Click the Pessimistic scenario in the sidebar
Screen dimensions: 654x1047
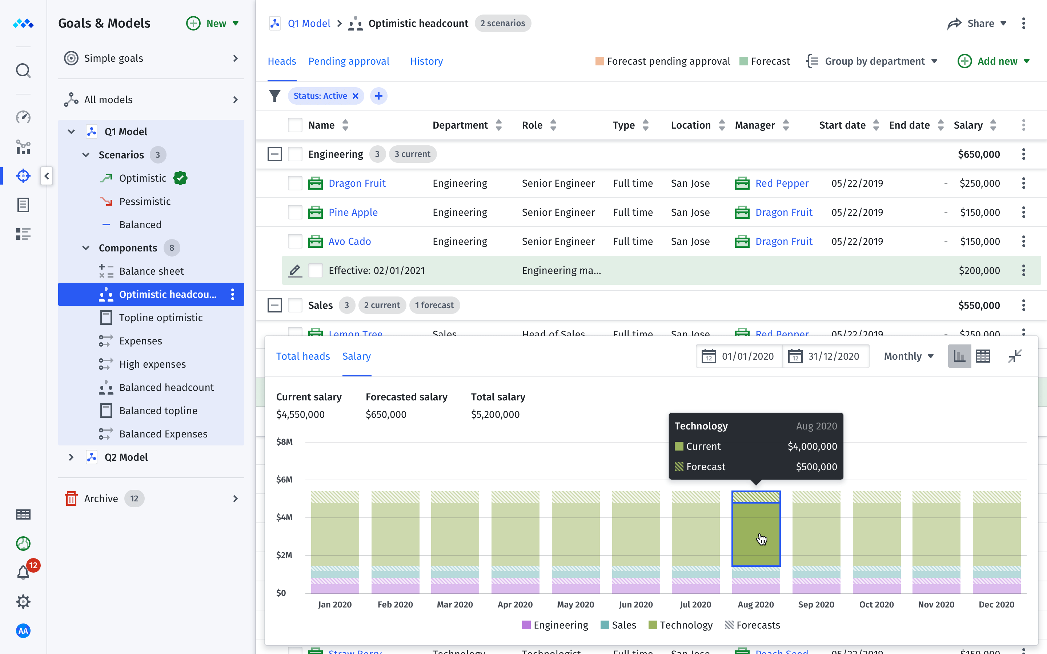[144, 201]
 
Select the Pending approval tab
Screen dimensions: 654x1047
[348, 61]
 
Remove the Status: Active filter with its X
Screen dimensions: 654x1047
[355, 96]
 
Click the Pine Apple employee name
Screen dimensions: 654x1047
[353, 213]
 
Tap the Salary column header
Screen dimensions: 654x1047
[968, 125]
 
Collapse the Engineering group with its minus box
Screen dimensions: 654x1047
[274, 154]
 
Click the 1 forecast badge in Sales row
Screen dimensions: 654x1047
[434, 305]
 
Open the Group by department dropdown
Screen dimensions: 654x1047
[874, 61]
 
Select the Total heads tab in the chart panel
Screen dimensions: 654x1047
[303, 356]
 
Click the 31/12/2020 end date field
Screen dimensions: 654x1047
[833, 356]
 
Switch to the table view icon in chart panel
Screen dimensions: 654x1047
[983, 356]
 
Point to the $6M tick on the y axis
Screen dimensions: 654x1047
[284, 479]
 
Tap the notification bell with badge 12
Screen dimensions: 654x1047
[23, 572]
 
